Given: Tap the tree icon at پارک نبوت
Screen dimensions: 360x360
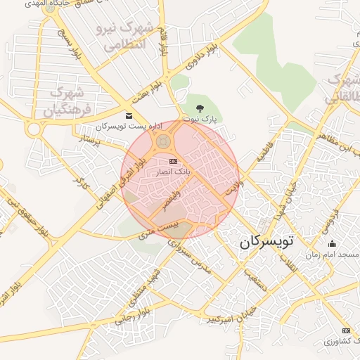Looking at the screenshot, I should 201,108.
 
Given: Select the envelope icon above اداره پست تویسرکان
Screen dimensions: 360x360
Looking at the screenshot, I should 128,115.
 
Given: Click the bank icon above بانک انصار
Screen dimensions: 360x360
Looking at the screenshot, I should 174,162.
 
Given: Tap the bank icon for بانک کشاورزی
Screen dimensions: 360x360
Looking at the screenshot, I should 346,330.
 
